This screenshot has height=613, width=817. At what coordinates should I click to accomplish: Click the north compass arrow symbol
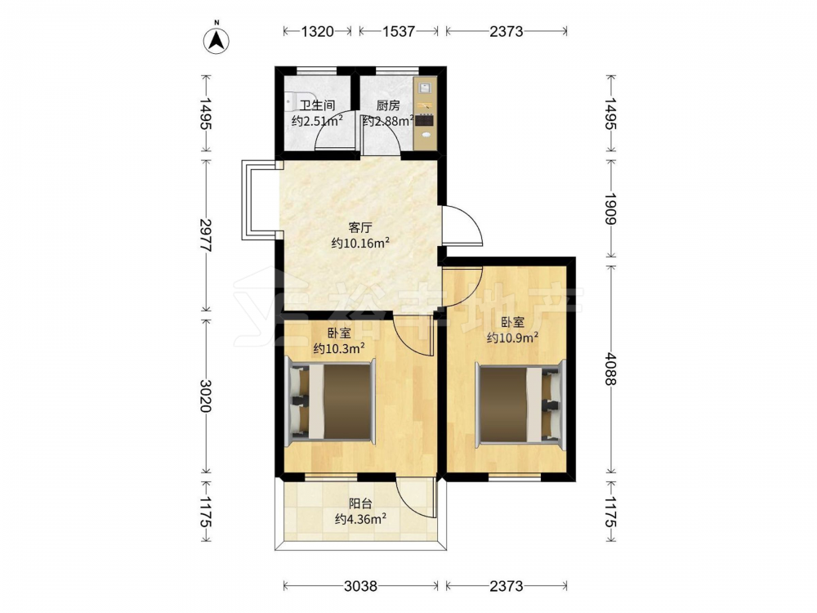click(x=218, y=38)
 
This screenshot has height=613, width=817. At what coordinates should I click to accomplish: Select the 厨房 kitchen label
click(x=388, y=105)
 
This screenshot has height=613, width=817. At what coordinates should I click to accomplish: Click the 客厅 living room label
click(x=360, y=228)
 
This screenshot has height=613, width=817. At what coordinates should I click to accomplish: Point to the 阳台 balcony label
click(x=360, y=503)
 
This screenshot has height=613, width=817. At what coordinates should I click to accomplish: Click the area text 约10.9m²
click(x=513, y=338)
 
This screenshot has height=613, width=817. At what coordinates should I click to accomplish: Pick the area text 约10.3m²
click(x=339, y=348)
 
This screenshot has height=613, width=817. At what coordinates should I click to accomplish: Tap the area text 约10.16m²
click(x=360, y=243)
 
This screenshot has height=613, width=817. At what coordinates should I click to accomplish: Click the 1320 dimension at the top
click(x=317, y=31)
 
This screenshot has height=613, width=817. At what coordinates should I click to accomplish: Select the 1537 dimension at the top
click(x=399, y=31)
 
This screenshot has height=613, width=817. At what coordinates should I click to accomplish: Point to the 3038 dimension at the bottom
click(x=360, y=586)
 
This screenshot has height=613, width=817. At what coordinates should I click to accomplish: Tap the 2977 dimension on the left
click(x=206, y=235)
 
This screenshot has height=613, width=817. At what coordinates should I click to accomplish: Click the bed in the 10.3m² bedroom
click(x=331, y=400)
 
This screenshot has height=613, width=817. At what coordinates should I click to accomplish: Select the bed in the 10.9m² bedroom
click(x=520, y=404)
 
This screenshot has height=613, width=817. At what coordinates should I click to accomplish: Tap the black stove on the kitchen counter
click(x=424, y=120)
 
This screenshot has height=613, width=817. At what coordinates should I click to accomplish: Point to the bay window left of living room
click(x=260, y=200)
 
